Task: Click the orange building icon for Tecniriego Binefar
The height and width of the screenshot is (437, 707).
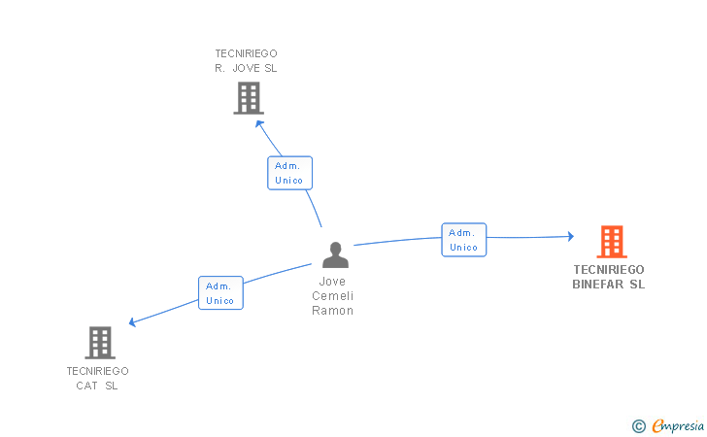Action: coord(611,241)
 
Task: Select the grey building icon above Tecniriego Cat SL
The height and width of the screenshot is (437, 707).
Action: coord(100,342)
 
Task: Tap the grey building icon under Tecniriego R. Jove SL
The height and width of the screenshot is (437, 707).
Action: coord(249,97)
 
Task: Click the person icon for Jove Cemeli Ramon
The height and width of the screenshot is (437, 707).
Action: coord(335,254)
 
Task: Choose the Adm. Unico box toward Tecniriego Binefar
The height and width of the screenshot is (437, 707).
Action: coord(464,240)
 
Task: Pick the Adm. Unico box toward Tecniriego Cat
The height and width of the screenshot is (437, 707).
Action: coord(220,293)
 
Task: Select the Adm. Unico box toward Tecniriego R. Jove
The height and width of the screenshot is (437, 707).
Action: coord(289,173)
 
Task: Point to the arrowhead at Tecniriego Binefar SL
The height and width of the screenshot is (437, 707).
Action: coord(570,236)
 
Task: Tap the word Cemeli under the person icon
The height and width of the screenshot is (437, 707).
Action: coord(333,296)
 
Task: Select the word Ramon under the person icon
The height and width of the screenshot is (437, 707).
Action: coord(333,311)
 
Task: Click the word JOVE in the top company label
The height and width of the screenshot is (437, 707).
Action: coord(248,68)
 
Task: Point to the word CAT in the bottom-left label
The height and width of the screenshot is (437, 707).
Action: coord(88,386)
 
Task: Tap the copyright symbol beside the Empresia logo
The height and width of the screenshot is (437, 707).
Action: coord(638,425)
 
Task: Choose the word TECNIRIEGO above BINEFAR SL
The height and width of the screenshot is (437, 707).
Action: coord(609,270)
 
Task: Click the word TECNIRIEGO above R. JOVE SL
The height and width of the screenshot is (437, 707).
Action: coord(246,53)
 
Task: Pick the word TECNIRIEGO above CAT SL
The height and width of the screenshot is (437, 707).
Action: coord(97,371)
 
